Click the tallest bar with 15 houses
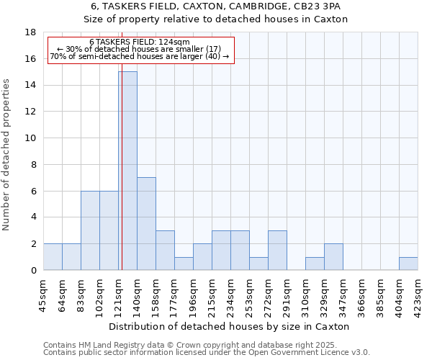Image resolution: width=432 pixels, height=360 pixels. [127, 171]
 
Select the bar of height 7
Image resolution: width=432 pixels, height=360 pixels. [146, 223]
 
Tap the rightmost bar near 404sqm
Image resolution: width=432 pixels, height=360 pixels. [408, 264]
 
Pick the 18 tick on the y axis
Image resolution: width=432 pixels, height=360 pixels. [30, 32]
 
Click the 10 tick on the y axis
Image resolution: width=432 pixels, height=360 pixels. [30, 138]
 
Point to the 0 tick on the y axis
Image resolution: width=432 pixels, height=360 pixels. [33, 270]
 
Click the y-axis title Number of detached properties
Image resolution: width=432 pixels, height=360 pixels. [7, 155]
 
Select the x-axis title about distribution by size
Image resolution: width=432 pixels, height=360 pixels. [230, 326]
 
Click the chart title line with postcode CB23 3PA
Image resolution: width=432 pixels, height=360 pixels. [215, 6]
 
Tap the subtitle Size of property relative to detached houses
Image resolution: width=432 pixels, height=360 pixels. [215, 19]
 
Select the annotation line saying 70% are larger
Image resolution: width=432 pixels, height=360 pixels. [140, 56]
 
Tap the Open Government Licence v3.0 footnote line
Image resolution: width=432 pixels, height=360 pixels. [207, 353]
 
